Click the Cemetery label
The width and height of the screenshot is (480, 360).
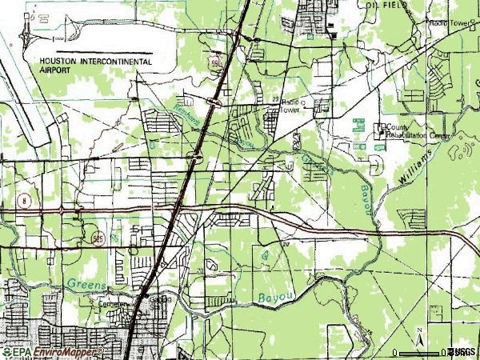(113, 305)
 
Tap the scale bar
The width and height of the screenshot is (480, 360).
(424, 350)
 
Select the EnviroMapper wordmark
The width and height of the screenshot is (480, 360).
(63, 350)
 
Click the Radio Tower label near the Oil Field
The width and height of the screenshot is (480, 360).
(449, 24)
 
